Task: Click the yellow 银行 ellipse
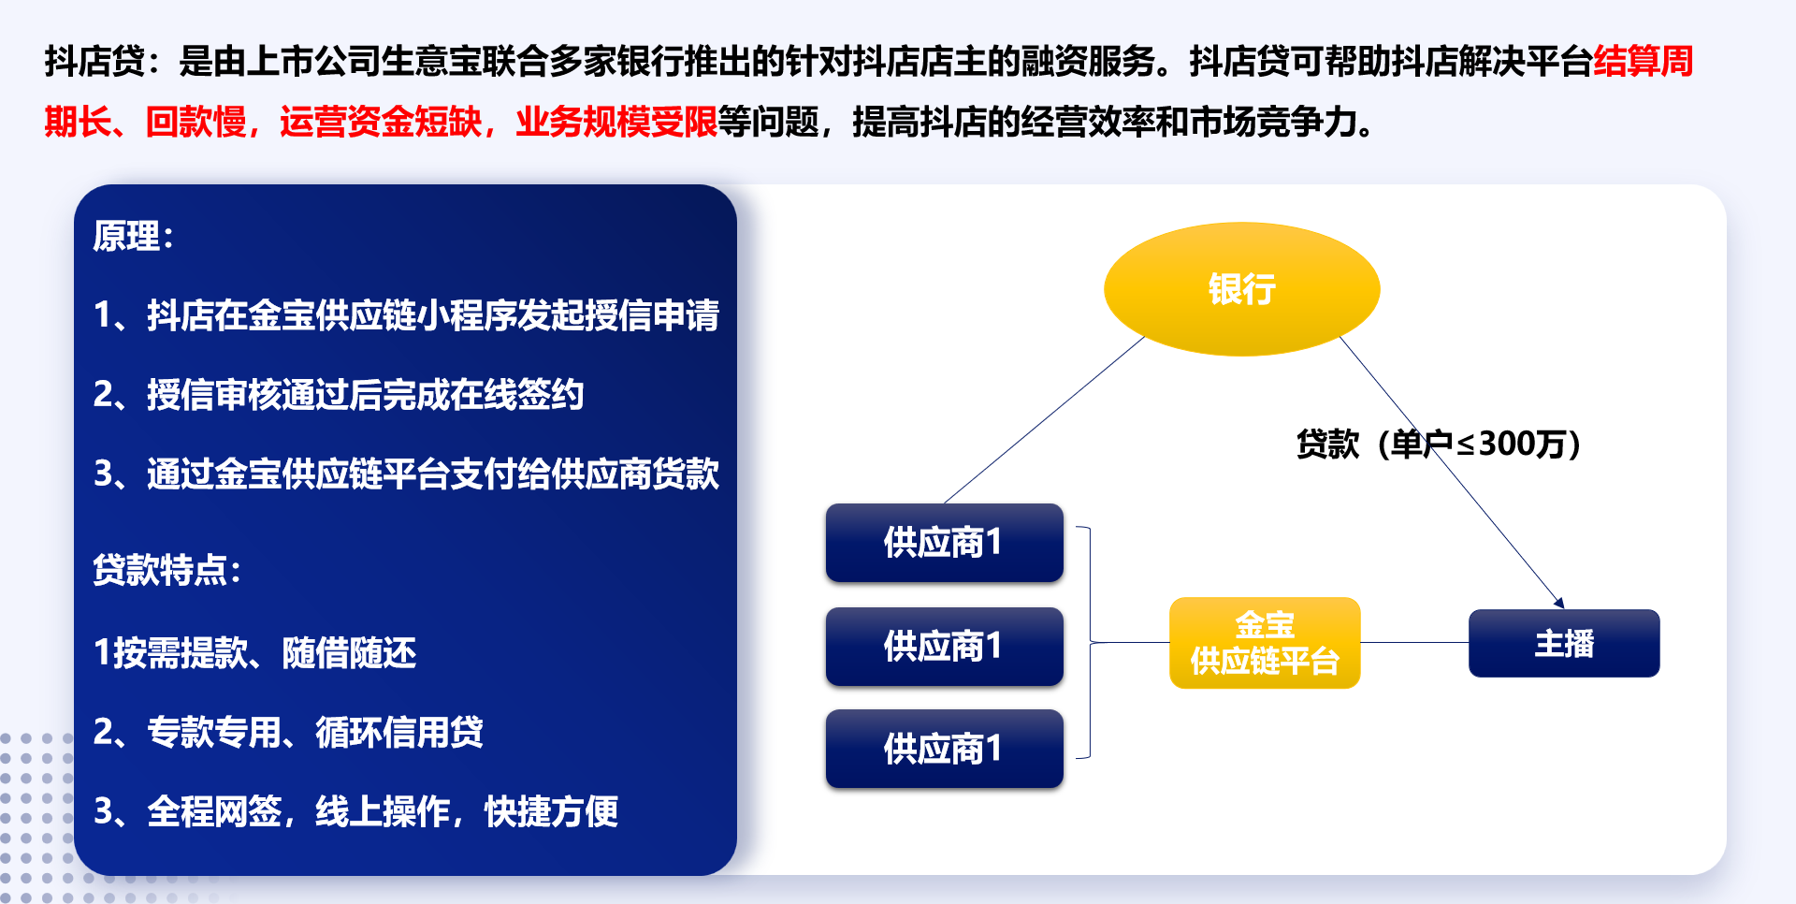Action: (1241, 288)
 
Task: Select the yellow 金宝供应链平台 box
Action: (1265, 643)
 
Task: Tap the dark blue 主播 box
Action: (1564, 643)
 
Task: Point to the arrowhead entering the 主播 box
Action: (1559, 604)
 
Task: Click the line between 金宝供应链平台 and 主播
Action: (1414, 643)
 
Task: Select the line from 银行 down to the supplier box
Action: (1045, 420)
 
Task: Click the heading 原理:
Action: (134, 236)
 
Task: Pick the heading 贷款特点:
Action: (167, 569)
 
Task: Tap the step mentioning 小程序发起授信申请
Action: (407, 314)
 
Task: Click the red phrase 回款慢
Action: (196, 122)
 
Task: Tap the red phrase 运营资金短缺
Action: (381, 122)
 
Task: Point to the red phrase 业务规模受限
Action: (616, 122)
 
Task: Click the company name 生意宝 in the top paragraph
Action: (431, 61)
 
